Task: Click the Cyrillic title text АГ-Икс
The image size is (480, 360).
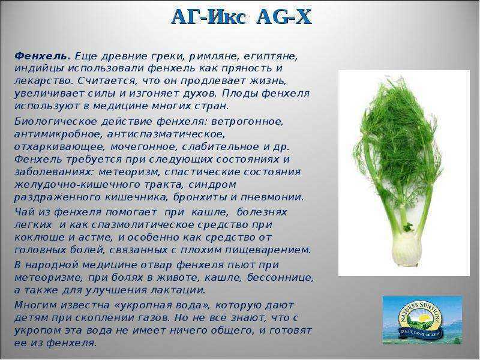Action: click(208, 17)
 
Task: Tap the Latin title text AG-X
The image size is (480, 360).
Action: click(284, 17)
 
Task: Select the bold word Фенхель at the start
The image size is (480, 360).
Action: click(42, 56)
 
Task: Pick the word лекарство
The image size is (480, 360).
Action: click(43, 81)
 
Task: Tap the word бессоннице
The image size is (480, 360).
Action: click(280, 278)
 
